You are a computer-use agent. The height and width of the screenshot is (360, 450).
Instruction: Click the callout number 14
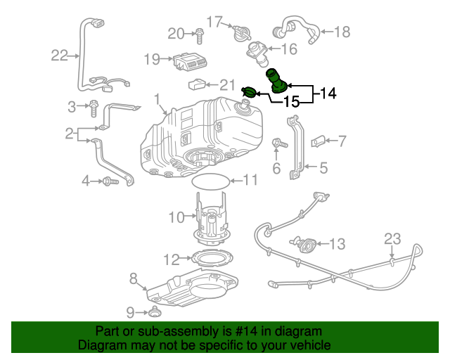click(x=328, y=92)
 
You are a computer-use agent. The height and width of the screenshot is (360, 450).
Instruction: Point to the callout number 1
click(x=157, y=99)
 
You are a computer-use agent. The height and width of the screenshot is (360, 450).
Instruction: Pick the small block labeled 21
click(x=197, y=86)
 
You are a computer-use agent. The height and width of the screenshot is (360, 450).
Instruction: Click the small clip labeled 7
click(x=319, y=142)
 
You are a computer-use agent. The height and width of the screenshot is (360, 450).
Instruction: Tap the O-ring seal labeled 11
click(x=210, y=181)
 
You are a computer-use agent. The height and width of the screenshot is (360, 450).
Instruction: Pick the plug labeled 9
click(x=153, y=311)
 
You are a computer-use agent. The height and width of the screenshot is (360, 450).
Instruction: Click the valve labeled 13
click(x=307, y=244)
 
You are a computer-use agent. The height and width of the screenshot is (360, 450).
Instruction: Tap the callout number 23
click(x=392, y=238)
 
